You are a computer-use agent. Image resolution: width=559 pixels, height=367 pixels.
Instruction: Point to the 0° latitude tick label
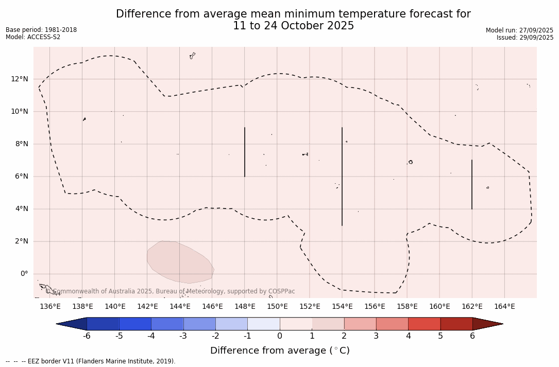click(24, 274)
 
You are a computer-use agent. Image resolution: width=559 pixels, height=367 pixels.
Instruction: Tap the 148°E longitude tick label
click(245, 307)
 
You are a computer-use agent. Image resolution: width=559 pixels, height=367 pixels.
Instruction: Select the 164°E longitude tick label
click(504, 307)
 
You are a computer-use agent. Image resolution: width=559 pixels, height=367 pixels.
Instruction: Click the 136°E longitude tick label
click(50, 307)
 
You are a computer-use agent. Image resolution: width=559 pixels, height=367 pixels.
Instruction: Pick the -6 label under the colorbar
click(87, 336)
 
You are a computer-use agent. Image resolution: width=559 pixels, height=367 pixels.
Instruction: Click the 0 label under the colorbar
click(280, 336)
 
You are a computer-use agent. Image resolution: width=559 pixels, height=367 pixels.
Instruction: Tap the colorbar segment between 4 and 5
click(424, 324)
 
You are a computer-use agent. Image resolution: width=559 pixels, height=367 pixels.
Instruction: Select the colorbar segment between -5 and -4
click(135, 324)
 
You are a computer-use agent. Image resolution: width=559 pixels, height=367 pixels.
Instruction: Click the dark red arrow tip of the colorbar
click(487, 324)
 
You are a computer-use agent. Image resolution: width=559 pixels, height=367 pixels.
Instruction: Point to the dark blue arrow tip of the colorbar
click(72, 324)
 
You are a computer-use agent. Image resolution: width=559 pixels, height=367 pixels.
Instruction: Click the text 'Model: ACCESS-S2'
click(33, 37)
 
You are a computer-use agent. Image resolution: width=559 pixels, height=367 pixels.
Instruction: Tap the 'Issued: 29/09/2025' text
click(525, 38)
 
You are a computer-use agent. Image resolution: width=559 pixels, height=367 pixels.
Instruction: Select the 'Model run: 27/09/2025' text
click(519, 30)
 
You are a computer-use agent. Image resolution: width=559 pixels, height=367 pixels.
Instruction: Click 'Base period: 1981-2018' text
click(41, 30)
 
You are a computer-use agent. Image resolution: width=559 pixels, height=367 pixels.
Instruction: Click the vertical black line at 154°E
click(342, 176)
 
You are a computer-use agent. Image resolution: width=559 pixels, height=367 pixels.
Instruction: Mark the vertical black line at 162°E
click(472, 184)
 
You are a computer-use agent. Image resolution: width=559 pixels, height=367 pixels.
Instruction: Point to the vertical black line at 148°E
click(245, 152)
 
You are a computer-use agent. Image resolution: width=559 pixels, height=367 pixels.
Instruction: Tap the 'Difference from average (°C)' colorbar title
click(280, 351)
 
